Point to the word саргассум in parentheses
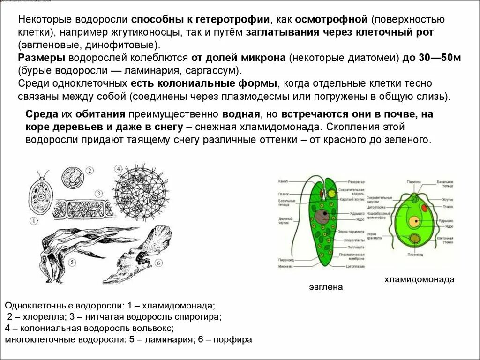pyautogui.click(x=216, y=71)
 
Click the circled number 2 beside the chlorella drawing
pyautogui.click(x=90, y=171)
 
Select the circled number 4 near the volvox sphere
pyautogui.click(x=119, y=169)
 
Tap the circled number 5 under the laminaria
pyautogui.click(x=71, y=263)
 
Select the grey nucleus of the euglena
pyautogui.click(x=321, y=217)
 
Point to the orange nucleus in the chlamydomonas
pyautogui.click(x=414, y=221)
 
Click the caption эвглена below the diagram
pyautogui.click(x=326, y=287)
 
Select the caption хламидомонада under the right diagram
pyautogui.click(x=419, y=279)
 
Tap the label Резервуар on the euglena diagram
pyautogui.click(x=357, y=181)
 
